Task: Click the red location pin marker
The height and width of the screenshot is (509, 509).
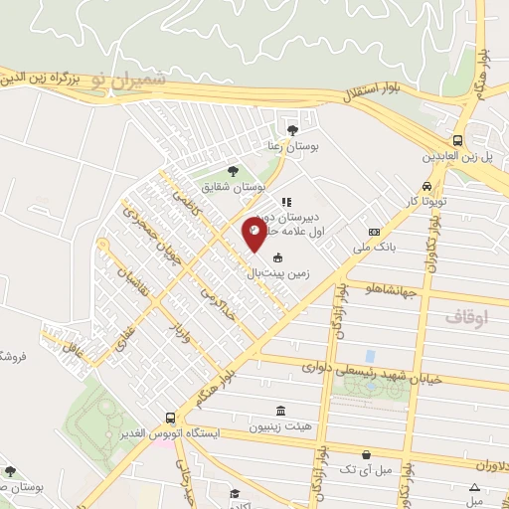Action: (x=254, y=234)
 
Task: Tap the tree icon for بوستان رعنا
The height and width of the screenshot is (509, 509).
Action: (x=291, y=129)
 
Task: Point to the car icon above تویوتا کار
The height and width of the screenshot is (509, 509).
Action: (x=425, y=186)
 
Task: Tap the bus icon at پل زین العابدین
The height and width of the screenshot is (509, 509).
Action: (x=457, y=140)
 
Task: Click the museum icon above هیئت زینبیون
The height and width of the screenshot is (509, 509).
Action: (x=281, y=411)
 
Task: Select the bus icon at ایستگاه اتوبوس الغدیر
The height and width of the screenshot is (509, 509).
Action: (x=171, y=419)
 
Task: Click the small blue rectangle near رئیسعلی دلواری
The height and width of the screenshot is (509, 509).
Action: (x=371, y=355)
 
